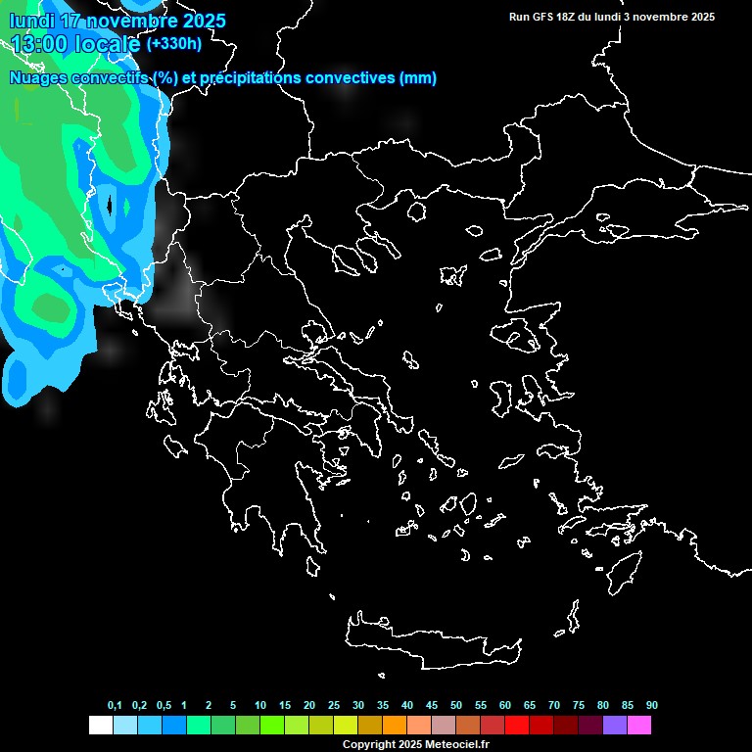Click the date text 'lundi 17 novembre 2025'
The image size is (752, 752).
coord(117,21)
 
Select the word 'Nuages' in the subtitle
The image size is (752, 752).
coord(39,78)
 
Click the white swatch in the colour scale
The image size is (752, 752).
coord(100,726)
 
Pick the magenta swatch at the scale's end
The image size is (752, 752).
coord(639,726)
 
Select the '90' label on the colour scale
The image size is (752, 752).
coord(651,706)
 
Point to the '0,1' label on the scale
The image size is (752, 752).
coord(115,706)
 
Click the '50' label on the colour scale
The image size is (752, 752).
coord(456,706)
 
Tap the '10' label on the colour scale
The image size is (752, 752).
coord(259,706)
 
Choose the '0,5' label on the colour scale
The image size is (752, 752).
coord(164,706)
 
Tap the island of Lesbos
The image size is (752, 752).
coord(521,338)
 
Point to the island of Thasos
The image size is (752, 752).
coord(417,211)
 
